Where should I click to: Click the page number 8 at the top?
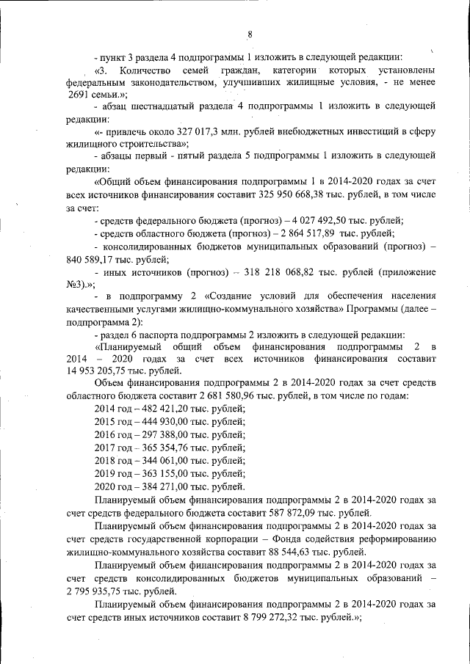tap(250, 34)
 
